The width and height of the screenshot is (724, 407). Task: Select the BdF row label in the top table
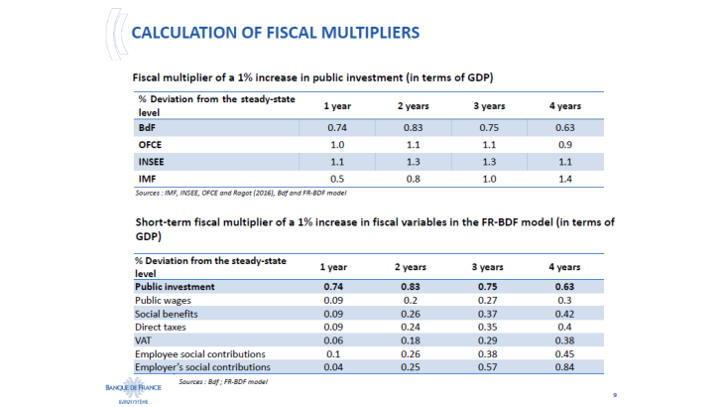coord(147,128)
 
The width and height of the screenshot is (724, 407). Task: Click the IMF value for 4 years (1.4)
coord(565,179)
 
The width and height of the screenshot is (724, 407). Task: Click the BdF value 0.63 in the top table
coord(565,128)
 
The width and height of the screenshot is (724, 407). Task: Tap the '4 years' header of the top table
coord(565,105)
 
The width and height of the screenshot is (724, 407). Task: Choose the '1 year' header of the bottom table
coord(334,267)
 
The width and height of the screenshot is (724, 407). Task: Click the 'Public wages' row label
coord(164,299)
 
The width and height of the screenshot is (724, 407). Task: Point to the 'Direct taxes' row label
coord(163,326)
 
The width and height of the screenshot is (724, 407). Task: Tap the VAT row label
coord(145,339)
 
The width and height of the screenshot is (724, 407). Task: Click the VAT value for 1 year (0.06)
coord(334,339)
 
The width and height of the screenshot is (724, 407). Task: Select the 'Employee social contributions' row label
coord(200,353)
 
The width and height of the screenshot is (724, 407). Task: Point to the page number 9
coord(615,394)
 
